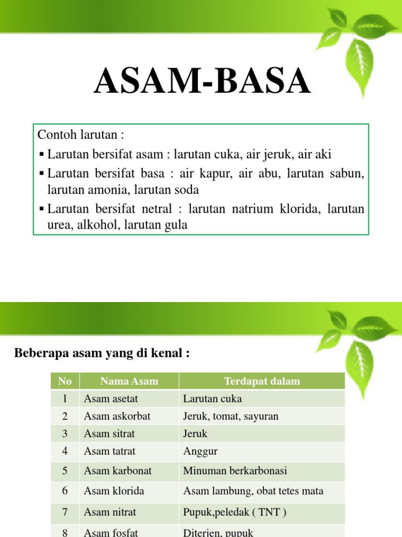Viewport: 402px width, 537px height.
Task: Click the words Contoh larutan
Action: [81, 135]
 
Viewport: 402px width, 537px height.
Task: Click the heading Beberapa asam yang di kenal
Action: [102, 353]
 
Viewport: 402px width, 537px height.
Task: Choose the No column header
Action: [65, 381]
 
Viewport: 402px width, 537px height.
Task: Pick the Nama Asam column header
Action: [129, 381]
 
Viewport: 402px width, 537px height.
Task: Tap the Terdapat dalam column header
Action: [262, 381]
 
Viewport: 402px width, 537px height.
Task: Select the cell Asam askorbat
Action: [117, 416]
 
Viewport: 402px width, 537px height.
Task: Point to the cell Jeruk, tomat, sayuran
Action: [230, 416]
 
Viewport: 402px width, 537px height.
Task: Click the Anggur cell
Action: [200, 452]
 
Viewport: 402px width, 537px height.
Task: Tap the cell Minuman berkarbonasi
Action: [235, 471]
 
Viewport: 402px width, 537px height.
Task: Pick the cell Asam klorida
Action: [114, 491]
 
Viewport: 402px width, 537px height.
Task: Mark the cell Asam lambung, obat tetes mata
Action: [253, 491]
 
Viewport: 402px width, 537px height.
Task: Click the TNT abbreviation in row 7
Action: [268, 512]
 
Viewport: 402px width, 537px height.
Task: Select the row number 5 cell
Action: [65, 471]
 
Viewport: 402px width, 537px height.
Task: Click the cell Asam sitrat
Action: [109, 434]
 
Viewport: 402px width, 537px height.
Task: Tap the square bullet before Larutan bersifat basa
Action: [42, 174]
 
